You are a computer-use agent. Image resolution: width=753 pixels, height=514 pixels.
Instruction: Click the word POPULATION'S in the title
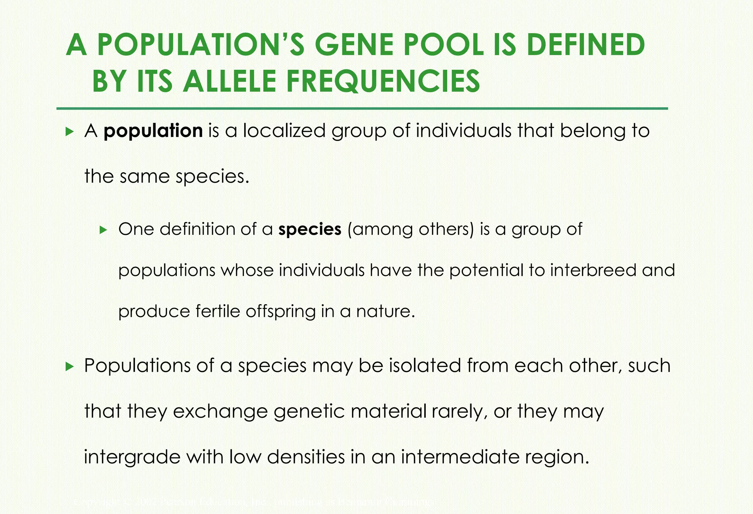201,45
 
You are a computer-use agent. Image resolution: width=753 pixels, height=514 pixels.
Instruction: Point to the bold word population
153,131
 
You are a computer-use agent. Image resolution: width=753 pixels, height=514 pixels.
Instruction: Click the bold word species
310,229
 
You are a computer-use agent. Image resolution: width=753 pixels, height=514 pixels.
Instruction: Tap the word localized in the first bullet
284,131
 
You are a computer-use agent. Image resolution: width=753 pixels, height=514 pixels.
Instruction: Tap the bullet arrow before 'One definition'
103,230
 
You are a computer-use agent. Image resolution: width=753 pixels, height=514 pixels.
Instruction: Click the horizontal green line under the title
362,109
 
